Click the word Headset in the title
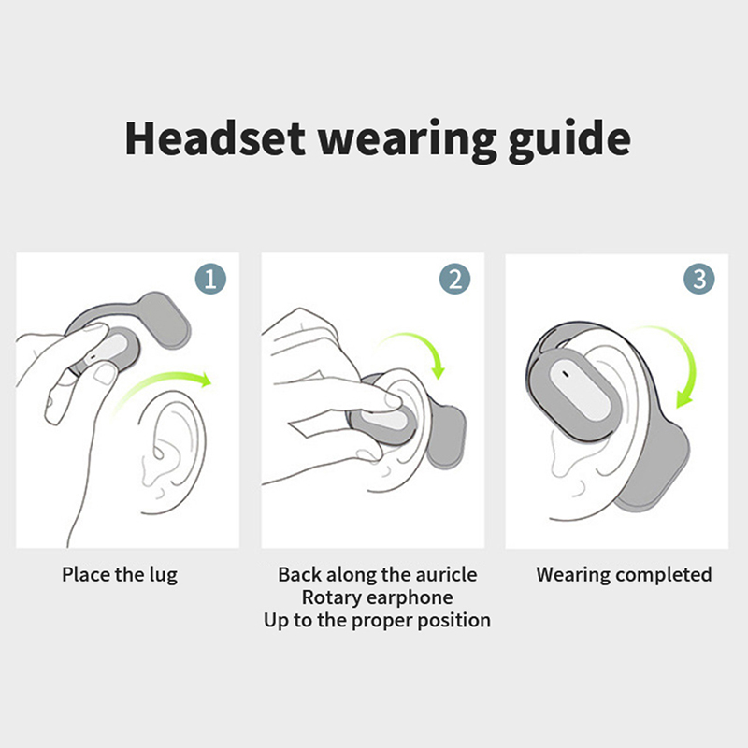click(x=215, y=138)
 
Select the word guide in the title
click(x=569, y=141)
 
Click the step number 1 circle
click(x=210, y=279)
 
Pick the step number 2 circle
click(x=454, y=279)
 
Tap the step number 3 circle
click(x=698, y=279)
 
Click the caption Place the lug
click(x=120, y=575)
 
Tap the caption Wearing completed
click(x=624, y=575)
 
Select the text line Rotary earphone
click(x=378, y=597)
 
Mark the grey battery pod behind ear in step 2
click(x=446, y=437)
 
